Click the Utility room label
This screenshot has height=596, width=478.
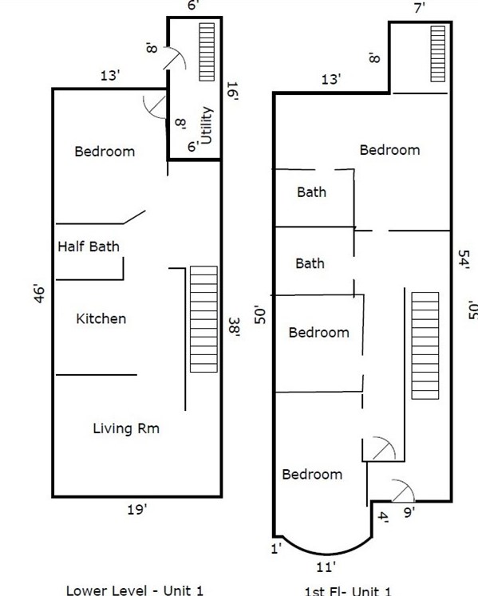[207, 125]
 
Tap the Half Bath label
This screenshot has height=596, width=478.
[89, 247]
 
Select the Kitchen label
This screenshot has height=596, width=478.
[101, 318]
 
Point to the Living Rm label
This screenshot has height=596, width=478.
[126, 428]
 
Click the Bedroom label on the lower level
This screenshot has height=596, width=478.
[105, 151]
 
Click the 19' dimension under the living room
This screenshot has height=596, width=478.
[137, 509]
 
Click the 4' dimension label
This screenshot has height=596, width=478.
[383, 517]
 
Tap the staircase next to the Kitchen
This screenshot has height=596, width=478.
[203, 318]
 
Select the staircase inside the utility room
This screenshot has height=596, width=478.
[207, 52]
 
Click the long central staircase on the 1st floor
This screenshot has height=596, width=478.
[425, 345]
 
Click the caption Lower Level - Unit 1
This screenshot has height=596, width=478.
[134, 590]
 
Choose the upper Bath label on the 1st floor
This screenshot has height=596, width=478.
[311, 192]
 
